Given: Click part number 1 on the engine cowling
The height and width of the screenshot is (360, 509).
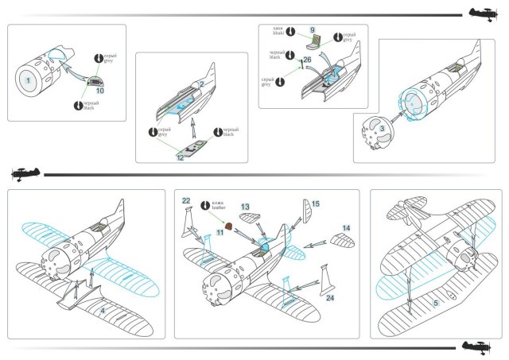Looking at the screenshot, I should [28, 80].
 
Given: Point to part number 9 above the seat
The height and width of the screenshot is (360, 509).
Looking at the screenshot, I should [313, 29].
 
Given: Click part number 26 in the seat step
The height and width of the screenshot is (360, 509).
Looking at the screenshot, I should [307, 60].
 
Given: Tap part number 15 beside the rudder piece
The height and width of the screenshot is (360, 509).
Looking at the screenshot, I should [315, 204].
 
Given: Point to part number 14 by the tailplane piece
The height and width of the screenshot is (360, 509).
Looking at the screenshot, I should [347, 228].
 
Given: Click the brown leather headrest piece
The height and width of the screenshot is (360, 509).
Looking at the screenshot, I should [228, 225].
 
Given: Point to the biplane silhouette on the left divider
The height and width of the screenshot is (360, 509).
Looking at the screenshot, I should [25, 175].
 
